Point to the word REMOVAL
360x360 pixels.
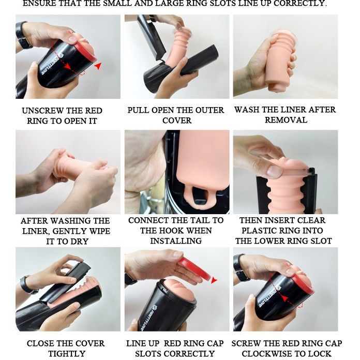[286, 120]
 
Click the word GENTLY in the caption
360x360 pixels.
[69, 231]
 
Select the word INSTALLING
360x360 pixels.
[176, 241]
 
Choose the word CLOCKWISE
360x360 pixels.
[267, 353]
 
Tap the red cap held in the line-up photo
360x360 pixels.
[194, 268]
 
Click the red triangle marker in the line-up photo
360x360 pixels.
[214, 280]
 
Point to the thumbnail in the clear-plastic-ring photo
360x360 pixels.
[275, 171]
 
